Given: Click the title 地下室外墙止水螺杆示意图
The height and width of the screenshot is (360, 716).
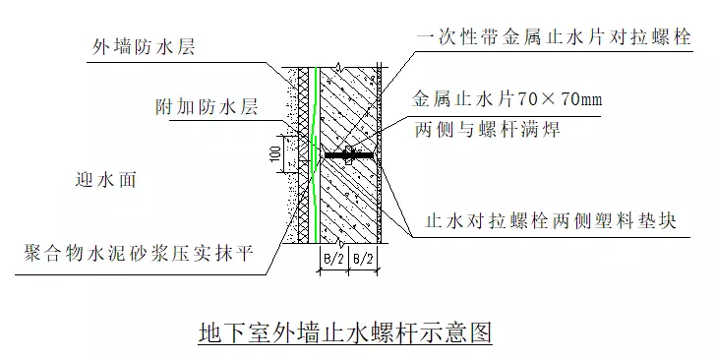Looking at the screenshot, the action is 345,332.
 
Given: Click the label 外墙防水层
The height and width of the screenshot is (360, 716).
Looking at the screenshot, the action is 144,47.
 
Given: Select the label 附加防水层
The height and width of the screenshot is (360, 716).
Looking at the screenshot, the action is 207,107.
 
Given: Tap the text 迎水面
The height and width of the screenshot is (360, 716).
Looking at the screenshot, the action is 106,180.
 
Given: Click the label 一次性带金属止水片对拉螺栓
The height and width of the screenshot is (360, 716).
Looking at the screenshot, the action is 555,37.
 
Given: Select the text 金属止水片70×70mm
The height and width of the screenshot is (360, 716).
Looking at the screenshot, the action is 507,99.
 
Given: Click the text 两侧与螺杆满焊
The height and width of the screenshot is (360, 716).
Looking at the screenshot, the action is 487,130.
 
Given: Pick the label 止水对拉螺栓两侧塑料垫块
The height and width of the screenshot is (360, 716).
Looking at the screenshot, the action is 550,221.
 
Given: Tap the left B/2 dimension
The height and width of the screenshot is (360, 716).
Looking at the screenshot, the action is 333,259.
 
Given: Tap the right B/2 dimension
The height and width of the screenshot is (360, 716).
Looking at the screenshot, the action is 363,259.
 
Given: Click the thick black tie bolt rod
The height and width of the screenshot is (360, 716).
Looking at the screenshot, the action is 349,155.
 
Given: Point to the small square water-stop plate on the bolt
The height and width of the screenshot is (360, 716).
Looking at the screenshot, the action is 349,155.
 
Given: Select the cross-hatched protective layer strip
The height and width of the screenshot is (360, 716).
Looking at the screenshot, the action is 303,155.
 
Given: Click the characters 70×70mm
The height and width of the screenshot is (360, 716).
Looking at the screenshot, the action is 561,99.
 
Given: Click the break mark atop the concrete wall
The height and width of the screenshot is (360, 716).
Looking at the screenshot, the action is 337,68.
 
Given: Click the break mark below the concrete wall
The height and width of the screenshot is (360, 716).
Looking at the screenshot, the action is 338,242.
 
